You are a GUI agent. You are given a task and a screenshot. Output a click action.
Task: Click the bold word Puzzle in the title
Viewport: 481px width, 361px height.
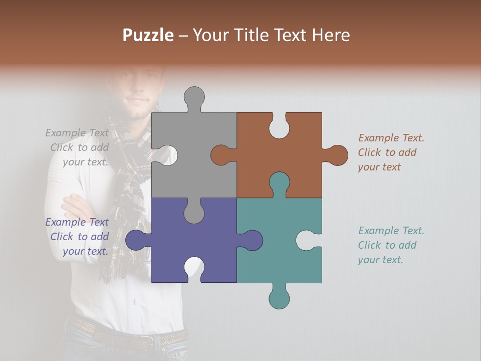(x=148, y=36)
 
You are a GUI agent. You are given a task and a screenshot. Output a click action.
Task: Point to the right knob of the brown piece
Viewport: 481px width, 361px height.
(x=337, y=155)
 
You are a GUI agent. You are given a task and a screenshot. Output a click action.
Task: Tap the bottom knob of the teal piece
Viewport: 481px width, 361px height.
(x=279, y=298)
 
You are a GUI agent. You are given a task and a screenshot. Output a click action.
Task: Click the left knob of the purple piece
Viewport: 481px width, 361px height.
(x=137, y=240)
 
